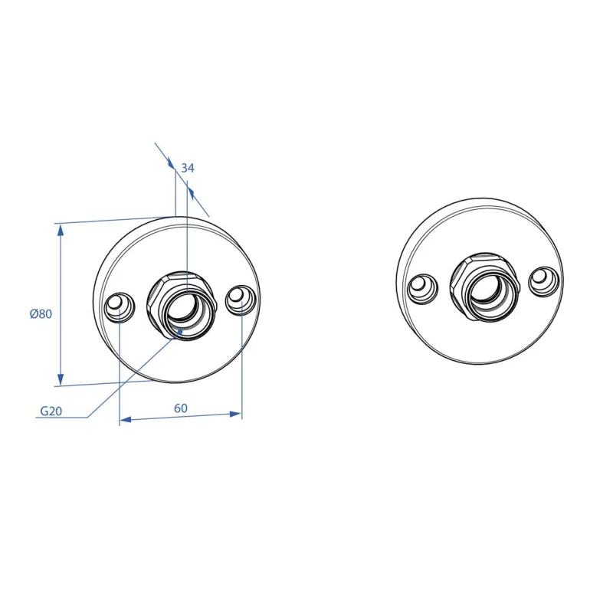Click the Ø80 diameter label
point(41,313)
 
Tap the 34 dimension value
point(188,168)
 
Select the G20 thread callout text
point(51,411)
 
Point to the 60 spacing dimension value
point(181,408)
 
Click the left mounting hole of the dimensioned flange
point(120,307)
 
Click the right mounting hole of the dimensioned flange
point(240,300)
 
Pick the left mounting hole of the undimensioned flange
point(422,289)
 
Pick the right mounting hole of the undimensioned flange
point(543,281)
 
